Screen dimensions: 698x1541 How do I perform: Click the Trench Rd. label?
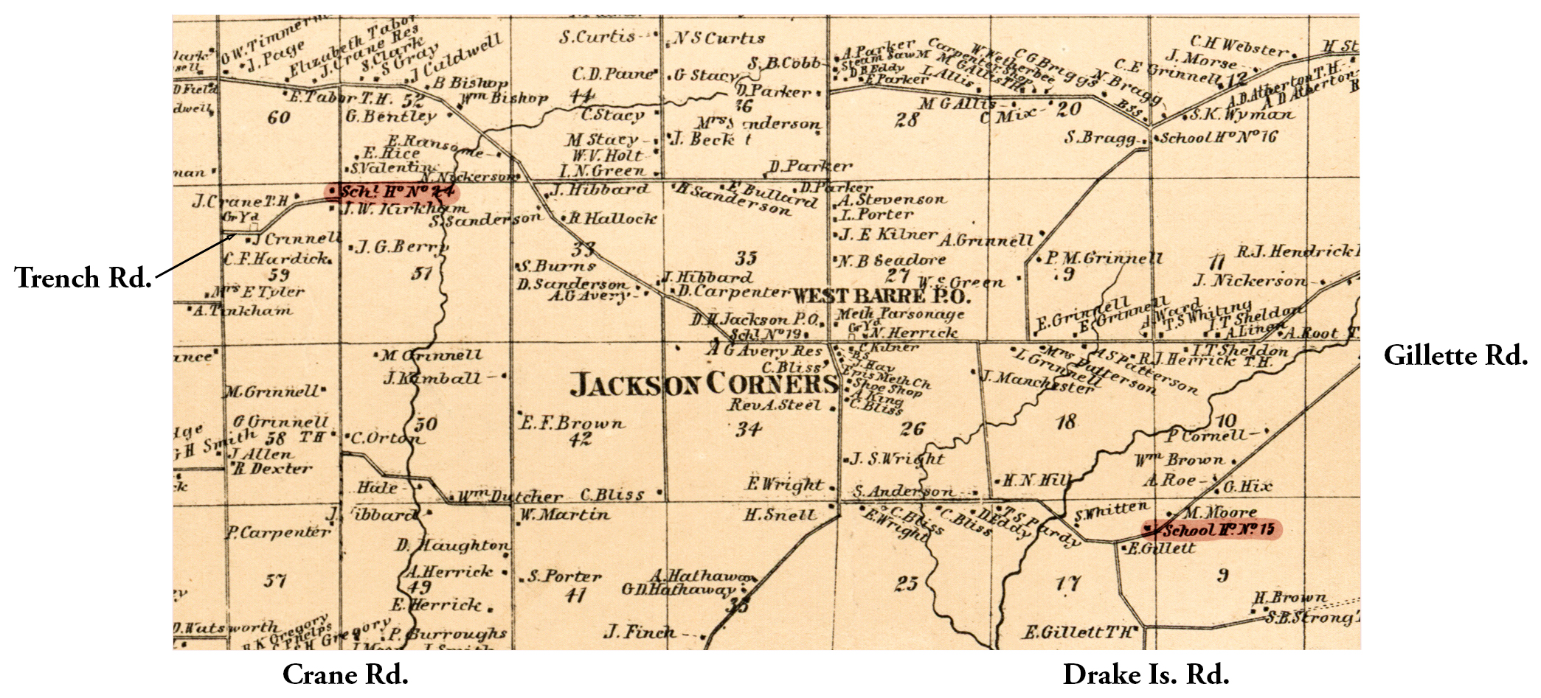coord(83,278)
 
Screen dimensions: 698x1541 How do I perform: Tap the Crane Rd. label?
coord(345,674)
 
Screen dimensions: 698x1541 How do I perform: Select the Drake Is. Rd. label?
coord(1146,674)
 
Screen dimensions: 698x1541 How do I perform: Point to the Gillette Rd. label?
coord(1455,355)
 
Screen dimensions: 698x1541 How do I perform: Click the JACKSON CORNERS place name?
coord(704,385)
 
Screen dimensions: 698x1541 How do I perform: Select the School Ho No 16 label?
coord(1218,138)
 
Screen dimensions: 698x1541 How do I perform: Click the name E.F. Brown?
coord(572,423)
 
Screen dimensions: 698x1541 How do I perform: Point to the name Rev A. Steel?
coord(775,405)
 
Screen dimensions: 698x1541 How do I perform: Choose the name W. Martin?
coord(565,514)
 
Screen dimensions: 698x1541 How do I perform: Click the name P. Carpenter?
coord(278,531)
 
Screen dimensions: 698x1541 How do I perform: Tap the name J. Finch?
coord(639,632)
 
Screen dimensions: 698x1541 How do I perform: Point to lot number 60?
coord(279,117)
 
